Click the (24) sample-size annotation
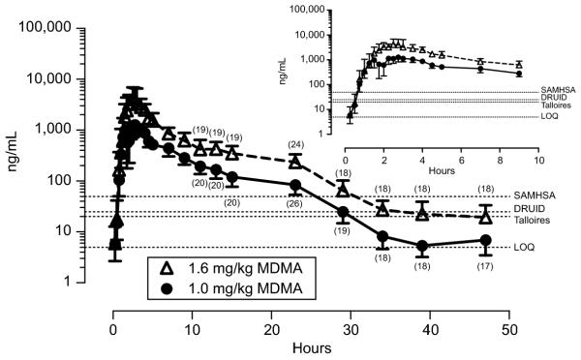295,145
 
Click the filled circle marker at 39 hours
422,246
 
